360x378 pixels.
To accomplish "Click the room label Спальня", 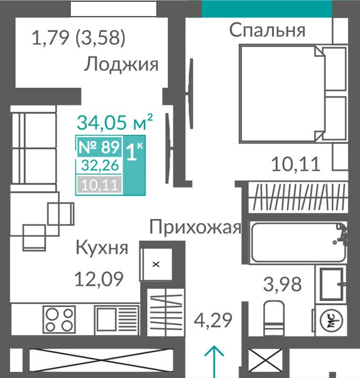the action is (x=267, y=30).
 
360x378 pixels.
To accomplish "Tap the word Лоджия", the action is (x=121, y=64).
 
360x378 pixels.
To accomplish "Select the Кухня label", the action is (x=102, y=247).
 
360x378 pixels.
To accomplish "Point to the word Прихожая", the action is (x=195, y=227).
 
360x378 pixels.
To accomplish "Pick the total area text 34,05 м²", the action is (x=115, y=122).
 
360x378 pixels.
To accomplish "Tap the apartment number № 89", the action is (x=99, y=147).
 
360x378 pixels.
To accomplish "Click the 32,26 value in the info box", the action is (x=100, y=165).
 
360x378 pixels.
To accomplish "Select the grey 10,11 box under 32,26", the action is (x=100, y=185).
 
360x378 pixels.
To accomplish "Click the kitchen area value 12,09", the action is (x=99, y=279).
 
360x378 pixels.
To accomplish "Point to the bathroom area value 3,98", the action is (x=282, y=284).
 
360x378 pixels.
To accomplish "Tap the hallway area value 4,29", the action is (x=213, y=320).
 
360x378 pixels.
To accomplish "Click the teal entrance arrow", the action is (x=214, y=362).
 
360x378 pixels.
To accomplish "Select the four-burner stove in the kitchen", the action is (x=59, y=320).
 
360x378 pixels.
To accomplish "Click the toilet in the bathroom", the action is (x=273, y=318).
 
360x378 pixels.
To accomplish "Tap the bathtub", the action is (x=298, y=242).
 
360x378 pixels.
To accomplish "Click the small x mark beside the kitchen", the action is (x=156, y=264).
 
